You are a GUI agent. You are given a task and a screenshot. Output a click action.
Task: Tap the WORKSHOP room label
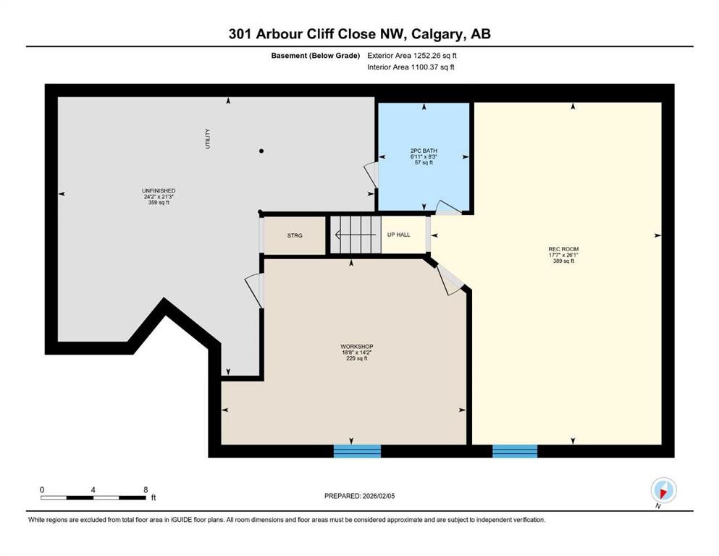point(356,347)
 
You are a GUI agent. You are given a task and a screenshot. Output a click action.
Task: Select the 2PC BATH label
point(424,151)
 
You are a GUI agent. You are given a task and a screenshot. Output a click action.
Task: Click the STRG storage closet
point(294,236)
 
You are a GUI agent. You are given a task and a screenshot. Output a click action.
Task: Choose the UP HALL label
point(398,235)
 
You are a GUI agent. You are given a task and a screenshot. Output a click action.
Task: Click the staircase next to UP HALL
point(355,236)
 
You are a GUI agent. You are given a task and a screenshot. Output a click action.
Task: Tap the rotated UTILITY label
point(207,138)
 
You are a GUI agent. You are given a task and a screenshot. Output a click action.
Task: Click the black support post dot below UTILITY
point(261,151)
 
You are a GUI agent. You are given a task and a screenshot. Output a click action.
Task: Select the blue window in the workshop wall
point(357,451)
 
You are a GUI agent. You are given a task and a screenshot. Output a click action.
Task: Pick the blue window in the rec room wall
point(515,451)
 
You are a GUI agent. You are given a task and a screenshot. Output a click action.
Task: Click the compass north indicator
point(663,490)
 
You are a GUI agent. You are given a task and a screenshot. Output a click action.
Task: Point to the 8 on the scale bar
point(146,489)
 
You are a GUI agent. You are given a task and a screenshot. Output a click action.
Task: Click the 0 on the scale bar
point(42,489)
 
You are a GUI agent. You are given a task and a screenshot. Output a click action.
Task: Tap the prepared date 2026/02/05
point(360,496)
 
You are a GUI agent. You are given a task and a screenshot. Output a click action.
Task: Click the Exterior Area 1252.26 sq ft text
point(412,55)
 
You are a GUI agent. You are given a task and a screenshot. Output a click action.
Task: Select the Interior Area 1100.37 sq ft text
point(411,67)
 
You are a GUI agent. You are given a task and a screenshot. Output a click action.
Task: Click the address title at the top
point(359,34)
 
